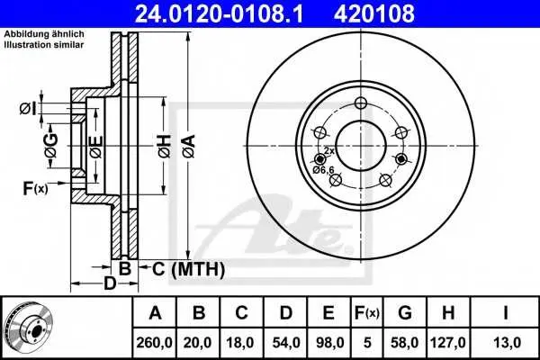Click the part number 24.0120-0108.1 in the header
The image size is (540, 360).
click(x=219, y=13)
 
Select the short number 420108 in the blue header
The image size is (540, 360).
click(x=374, y=13)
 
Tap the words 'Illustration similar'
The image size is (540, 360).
click(x=44, y=45)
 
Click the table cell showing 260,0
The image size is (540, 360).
click(x=154, y=343)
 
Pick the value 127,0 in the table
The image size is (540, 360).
click(x=447, y=343)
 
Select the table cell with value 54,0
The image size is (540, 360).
click(x=286, y=343)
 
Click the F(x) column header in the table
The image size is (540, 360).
click(x=367, y=313)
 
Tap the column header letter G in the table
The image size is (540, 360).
click(x=405, y=313)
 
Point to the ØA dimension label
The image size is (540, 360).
click(x=189, y=147)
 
